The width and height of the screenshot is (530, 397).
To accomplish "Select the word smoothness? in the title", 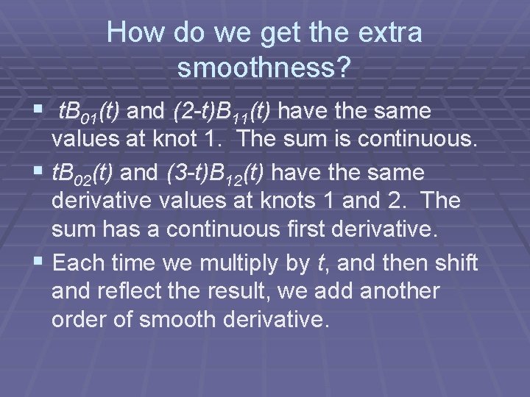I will tap(265, 68).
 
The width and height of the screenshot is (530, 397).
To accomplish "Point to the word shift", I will tap(453, 262).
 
